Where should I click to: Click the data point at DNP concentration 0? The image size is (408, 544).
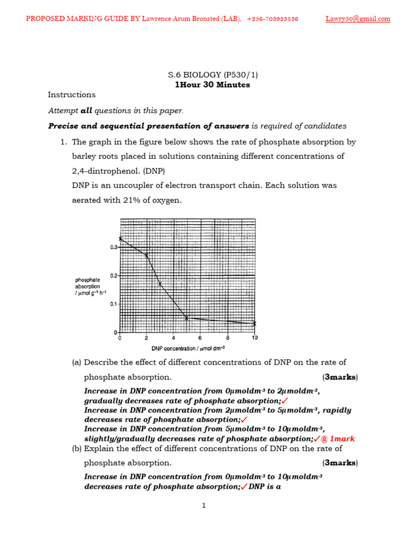click(x=121, y=239)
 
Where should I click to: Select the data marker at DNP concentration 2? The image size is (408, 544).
click(x=147, y=256)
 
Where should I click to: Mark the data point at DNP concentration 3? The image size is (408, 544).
click(x=160, y=284)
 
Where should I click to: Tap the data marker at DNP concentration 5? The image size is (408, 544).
click(x=186, y=318)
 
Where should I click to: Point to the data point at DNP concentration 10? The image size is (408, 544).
click(x=254, y=323)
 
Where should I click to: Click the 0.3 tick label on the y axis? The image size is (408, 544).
click(x=114, y=247)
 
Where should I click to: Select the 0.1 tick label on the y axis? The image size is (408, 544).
click(x=114, y=304)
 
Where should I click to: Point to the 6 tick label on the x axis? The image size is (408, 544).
click(x=200, y=338)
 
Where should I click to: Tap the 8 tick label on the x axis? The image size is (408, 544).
click(x=227, y=338)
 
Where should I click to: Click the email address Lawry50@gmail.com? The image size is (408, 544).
click(x=358, y=19)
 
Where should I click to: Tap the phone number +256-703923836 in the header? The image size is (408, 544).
click(x=273, y=19)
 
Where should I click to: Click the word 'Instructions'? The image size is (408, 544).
click(x=72, y=95)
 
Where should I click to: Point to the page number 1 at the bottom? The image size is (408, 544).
click(x=204, y=506)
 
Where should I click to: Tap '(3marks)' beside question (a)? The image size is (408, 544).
click(x=340, y=377)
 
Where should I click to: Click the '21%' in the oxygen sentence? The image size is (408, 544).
click(x=141, y=200)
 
